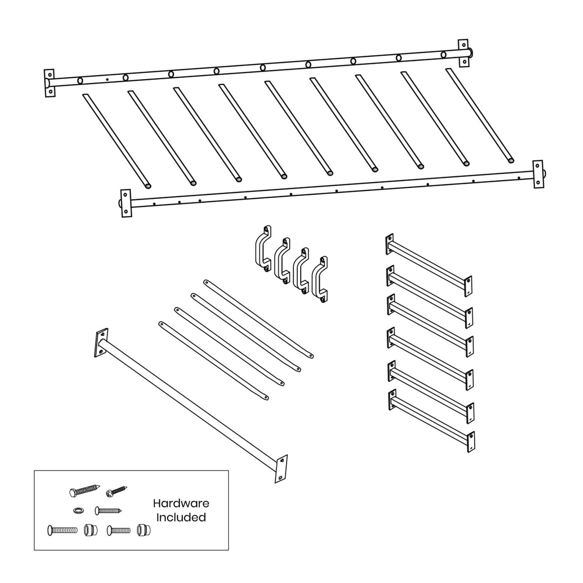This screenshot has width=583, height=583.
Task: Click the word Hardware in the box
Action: (181, 504)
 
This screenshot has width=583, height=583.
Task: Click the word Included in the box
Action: (181, 517)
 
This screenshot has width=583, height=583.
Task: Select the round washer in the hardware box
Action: (78, 511)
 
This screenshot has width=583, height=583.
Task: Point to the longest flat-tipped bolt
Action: (62, 529)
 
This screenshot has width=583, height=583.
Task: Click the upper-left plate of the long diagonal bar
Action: (101, 343)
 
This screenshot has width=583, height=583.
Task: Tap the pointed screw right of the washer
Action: (108, 510)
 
